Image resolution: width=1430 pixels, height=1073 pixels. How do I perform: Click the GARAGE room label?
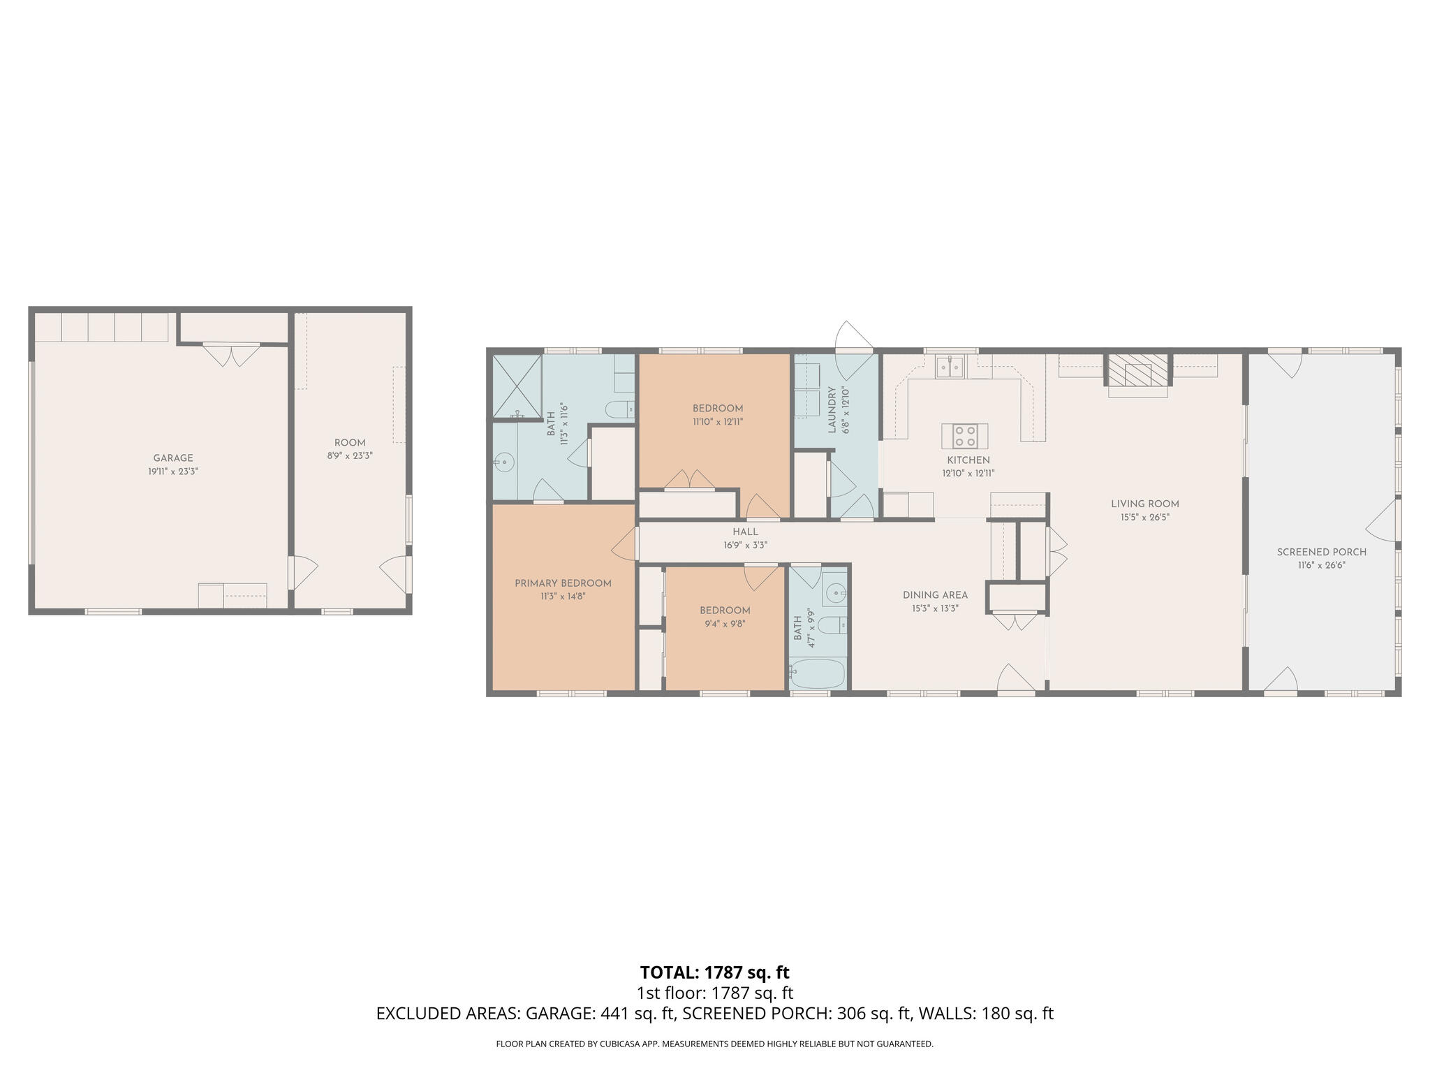tap(173, 458)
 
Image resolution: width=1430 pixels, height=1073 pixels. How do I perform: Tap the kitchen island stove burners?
tap(965, 436)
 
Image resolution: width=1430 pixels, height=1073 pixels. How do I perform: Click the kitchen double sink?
tap(950, 366)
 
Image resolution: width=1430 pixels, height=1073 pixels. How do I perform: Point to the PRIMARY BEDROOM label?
tap(563, 583)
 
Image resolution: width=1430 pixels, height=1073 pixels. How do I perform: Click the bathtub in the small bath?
tap(818, 673)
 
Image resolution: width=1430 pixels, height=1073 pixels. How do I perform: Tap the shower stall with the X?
tap(517, 386)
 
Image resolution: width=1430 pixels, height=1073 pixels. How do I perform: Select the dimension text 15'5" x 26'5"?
tap(1145, 518)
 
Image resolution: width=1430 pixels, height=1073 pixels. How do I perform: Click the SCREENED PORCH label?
tap(1322, 552)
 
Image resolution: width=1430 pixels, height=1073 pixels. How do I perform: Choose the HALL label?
tap(745, 532)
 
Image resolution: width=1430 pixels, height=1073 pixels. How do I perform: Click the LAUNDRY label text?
tap(832, 410)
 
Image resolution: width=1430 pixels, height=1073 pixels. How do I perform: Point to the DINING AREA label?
tap(935, 595)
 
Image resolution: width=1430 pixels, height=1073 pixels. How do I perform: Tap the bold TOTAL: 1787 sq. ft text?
tap(714, 972)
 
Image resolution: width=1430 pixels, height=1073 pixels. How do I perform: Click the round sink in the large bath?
tap(503, 462)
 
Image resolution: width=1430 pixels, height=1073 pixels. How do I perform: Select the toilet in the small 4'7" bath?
tap(831, 625)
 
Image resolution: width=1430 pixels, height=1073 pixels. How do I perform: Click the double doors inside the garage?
tap(231, 355)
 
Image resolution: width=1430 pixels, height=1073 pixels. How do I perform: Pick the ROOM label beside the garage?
tap(350, 443)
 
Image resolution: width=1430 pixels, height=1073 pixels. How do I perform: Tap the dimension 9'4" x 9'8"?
tap(724, 624)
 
